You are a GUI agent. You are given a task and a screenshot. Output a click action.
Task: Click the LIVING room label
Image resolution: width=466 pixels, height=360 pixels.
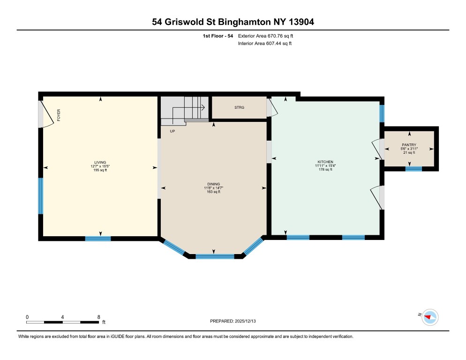pos(100,162)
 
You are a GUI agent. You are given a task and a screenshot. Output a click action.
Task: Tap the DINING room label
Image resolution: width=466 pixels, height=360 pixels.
pos(213,184)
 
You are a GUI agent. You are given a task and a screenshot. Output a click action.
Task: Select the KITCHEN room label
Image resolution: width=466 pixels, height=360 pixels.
pos(325,162)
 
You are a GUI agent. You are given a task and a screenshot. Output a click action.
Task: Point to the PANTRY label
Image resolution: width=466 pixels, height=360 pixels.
pos(409,145)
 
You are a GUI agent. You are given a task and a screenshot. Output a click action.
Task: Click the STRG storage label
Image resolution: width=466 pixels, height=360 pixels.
pos(240,108)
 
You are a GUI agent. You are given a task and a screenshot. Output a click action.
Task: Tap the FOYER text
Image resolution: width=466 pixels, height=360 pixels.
pos(59,115)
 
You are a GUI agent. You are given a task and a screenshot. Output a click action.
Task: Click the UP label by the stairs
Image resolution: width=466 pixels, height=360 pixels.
pos(172,131)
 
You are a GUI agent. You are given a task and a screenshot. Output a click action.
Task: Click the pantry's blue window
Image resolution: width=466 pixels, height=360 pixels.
pos(413,169)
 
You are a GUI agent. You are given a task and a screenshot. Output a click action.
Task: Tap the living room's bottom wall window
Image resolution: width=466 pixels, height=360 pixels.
pos(98,239)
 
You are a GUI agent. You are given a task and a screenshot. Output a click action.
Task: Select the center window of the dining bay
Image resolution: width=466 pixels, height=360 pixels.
pos(214,256)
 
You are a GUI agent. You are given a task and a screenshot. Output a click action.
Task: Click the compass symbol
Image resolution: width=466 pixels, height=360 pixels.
pos(429,317)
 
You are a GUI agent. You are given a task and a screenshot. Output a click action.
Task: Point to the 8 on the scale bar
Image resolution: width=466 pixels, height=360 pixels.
pos(98,317)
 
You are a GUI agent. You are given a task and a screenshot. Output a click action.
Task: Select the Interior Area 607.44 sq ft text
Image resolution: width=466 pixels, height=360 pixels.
pos(265,44)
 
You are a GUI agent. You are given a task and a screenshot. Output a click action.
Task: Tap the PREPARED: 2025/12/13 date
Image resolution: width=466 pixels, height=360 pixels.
pos(233,321)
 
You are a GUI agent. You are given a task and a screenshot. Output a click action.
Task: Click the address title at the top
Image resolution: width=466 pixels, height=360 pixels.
pos(233,22)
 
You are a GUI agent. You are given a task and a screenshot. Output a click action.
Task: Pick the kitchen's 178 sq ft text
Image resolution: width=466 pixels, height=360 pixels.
pos(325,170)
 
